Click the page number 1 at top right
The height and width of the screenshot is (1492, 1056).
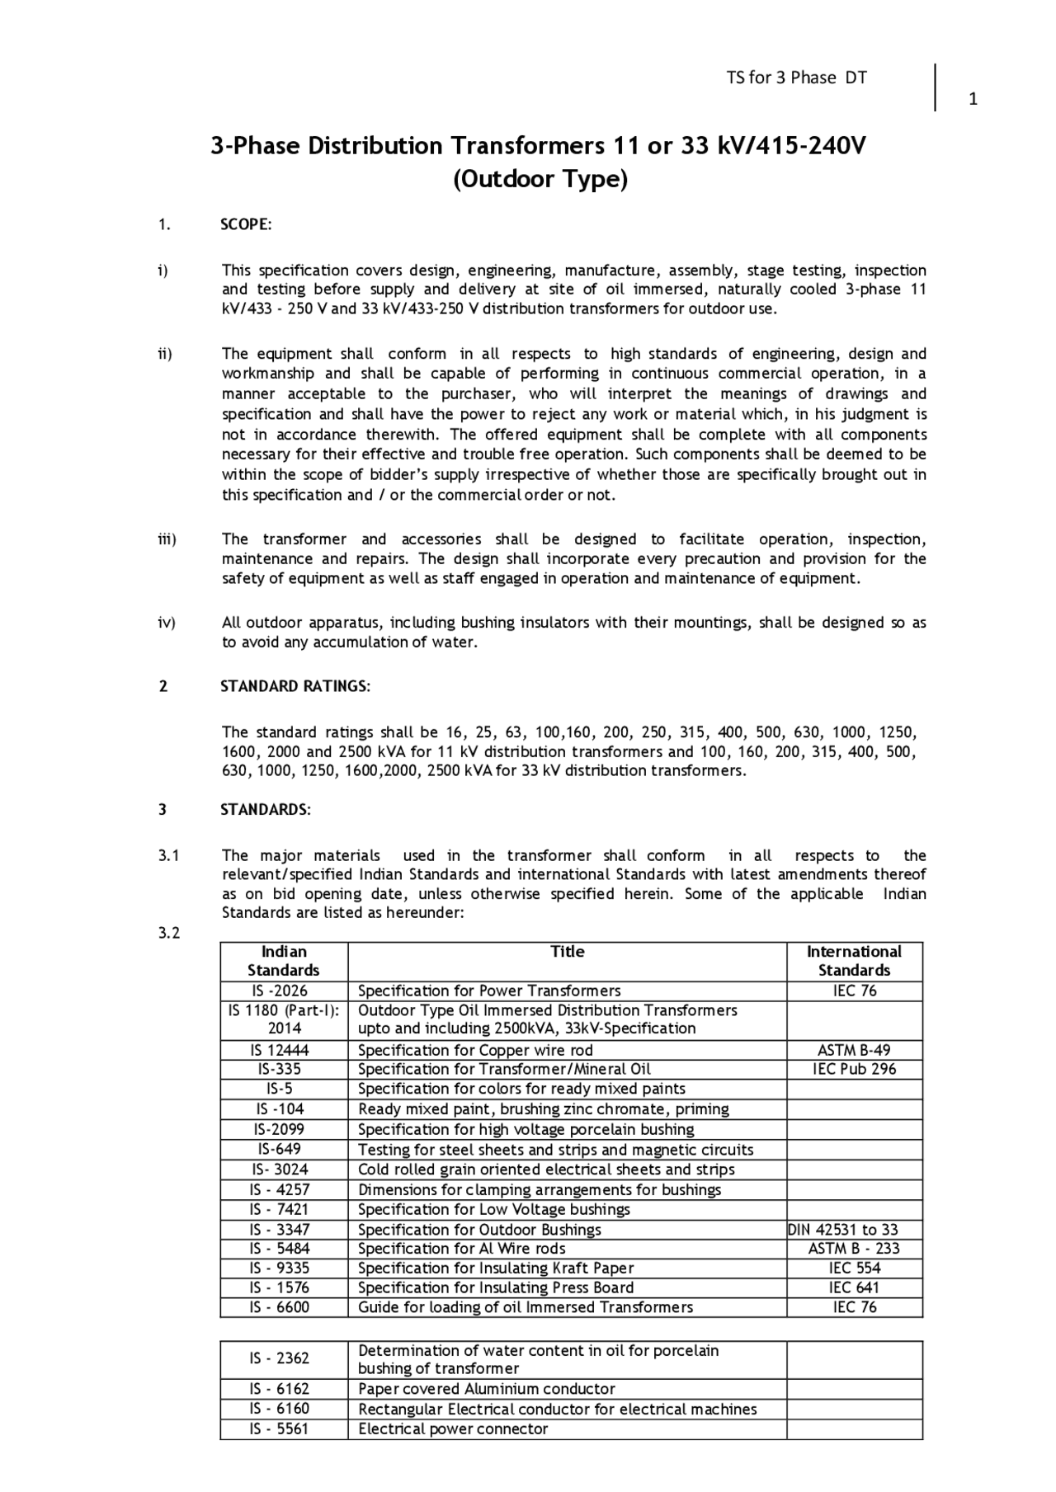[x=973, y=100]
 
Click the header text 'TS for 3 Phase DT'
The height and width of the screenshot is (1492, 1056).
[x=796, y=78]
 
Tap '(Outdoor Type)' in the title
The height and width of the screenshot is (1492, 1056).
[x=540, y=179]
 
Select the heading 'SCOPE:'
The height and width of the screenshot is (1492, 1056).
[x=246, y=225]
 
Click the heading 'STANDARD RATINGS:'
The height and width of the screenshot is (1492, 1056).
[x=295, y=686]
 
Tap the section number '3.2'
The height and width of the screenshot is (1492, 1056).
[x=168, y=933]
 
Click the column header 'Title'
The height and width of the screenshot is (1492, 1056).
[x=567, y=952]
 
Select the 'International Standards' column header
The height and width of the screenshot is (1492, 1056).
[x=854, y=961]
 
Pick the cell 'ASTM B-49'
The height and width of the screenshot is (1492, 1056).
[x=854, y=1050]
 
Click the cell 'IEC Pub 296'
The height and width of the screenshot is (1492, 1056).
[x=854, y=1070]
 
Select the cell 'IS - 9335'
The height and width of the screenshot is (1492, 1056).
[x=280, y=1268]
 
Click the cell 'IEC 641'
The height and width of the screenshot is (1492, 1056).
[x=854, y=1288]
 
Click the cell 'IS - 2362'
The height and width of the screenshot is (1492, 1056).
[x=280, y=1358]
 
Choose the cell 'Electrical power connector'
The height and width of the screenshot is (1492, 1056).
[x=453, y=1429]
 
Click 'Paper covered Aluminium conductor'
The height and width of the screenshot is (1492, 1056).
[x=487, y=1389]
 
